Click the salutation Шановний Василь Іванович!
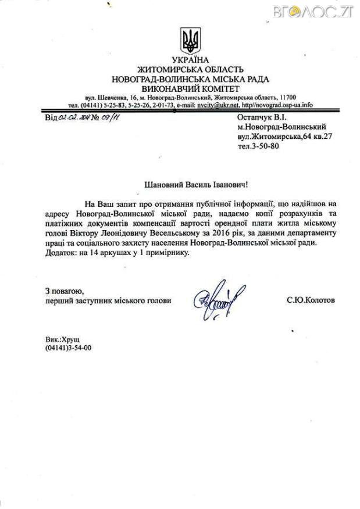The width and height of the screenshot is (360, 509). pyautogui.click(x=190, y=185)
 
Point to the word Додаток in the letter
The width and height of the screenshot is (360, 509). pyautogui.click(x=60, y=253)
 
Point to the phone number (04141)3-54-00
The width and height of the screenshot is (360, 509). pyautogui.click(x=68, y=347)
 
